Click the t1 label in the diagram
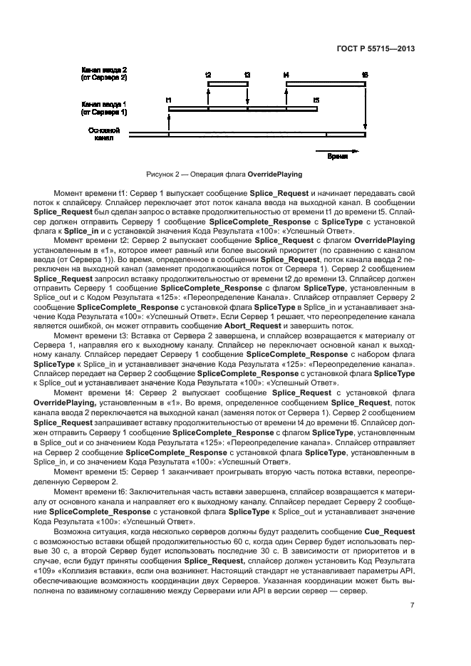tap(168, 100)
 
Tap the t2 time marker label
tap(207, 74)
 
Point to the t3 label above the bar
tap(247, 74)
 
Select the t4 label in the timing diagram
tap(286, 74)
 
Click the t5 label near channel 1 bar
tap(316, 100)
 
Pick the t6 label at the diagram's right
tap(365, 74)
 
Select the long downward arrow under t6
tap(365, 107)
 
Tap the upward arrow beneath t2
tap(207, 96)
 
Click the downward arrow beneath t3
tap(247, 96)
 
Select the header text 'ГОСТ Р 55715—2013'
tap(376, 49)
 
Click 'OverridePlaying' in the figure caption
tap(274, 174)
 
